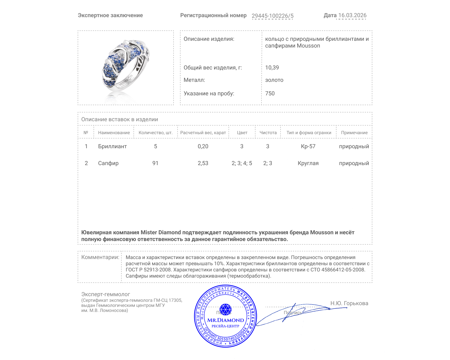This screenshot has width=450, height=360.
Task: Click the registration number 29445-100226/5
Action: [272, 16]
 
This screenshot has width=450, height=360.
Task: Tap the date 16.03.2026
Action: [352, 15]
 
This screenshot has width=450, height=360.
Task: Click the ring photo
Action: [125, 67]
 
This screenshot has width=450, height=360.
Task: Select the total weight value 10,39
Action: [272, 67]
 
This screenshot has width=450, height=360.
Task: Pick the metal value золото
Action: [274, 80]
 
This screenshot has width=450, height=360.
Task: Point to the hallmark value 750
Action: [270, 93]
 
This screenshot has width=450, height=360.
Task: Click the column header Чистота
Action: [268, 133]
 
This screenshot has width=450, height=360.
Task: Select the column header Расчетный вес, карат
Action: [203, 133]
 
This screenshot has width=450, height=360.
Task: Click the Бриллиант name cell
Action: [112, 146]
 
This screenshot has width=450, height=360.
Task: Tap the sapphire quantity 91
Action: [155, 163]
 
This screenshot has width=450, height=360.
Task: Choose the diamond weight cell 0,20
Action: [203, 146]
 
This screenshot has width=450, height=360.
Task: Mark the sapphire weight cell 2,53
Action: [203, 163]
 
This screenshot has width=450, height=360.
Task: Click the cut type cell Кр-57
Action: [308, 146]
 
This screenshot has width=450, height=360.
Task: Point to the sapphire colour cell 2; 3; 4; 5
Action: [242, 163]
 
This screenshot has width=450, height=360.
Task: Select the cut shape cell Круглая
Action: [308, 163]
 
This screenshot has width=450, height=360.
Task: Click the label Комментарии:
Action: [100, 257]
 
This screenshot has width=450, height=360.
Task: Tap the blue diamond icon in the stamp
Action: [225, 309]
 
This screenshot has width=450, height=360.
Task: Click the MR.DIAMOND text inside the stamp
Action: [226, 320]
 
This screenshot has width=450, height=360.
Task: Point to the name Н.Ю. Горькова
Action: [349, 303]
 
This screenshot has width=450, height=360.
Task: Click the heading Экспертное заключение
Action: [110, 15]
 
